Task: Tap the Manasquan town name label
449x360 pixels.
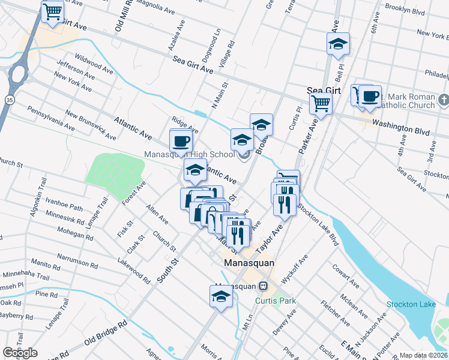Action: [249, 263]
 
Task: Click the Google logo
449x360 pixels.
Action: [20, 353]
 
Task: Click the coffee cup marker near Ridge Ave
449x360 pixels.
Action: [181, 142]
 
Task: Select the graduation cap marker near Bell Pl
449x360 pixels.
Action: [338, 44]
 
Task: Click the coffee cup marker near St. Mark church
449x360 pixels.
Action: [370, 96]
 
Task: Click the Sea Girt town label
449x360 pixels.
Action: [324, 90]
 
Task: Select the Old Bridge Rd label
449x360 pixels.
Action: [106, 332]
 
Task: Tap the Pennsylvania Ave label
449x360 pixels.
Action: [51, 118]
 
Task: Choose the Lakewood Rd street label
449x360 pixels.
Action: [134, 269]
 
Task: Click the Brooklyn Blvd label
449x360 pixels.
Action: [406, 10]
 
